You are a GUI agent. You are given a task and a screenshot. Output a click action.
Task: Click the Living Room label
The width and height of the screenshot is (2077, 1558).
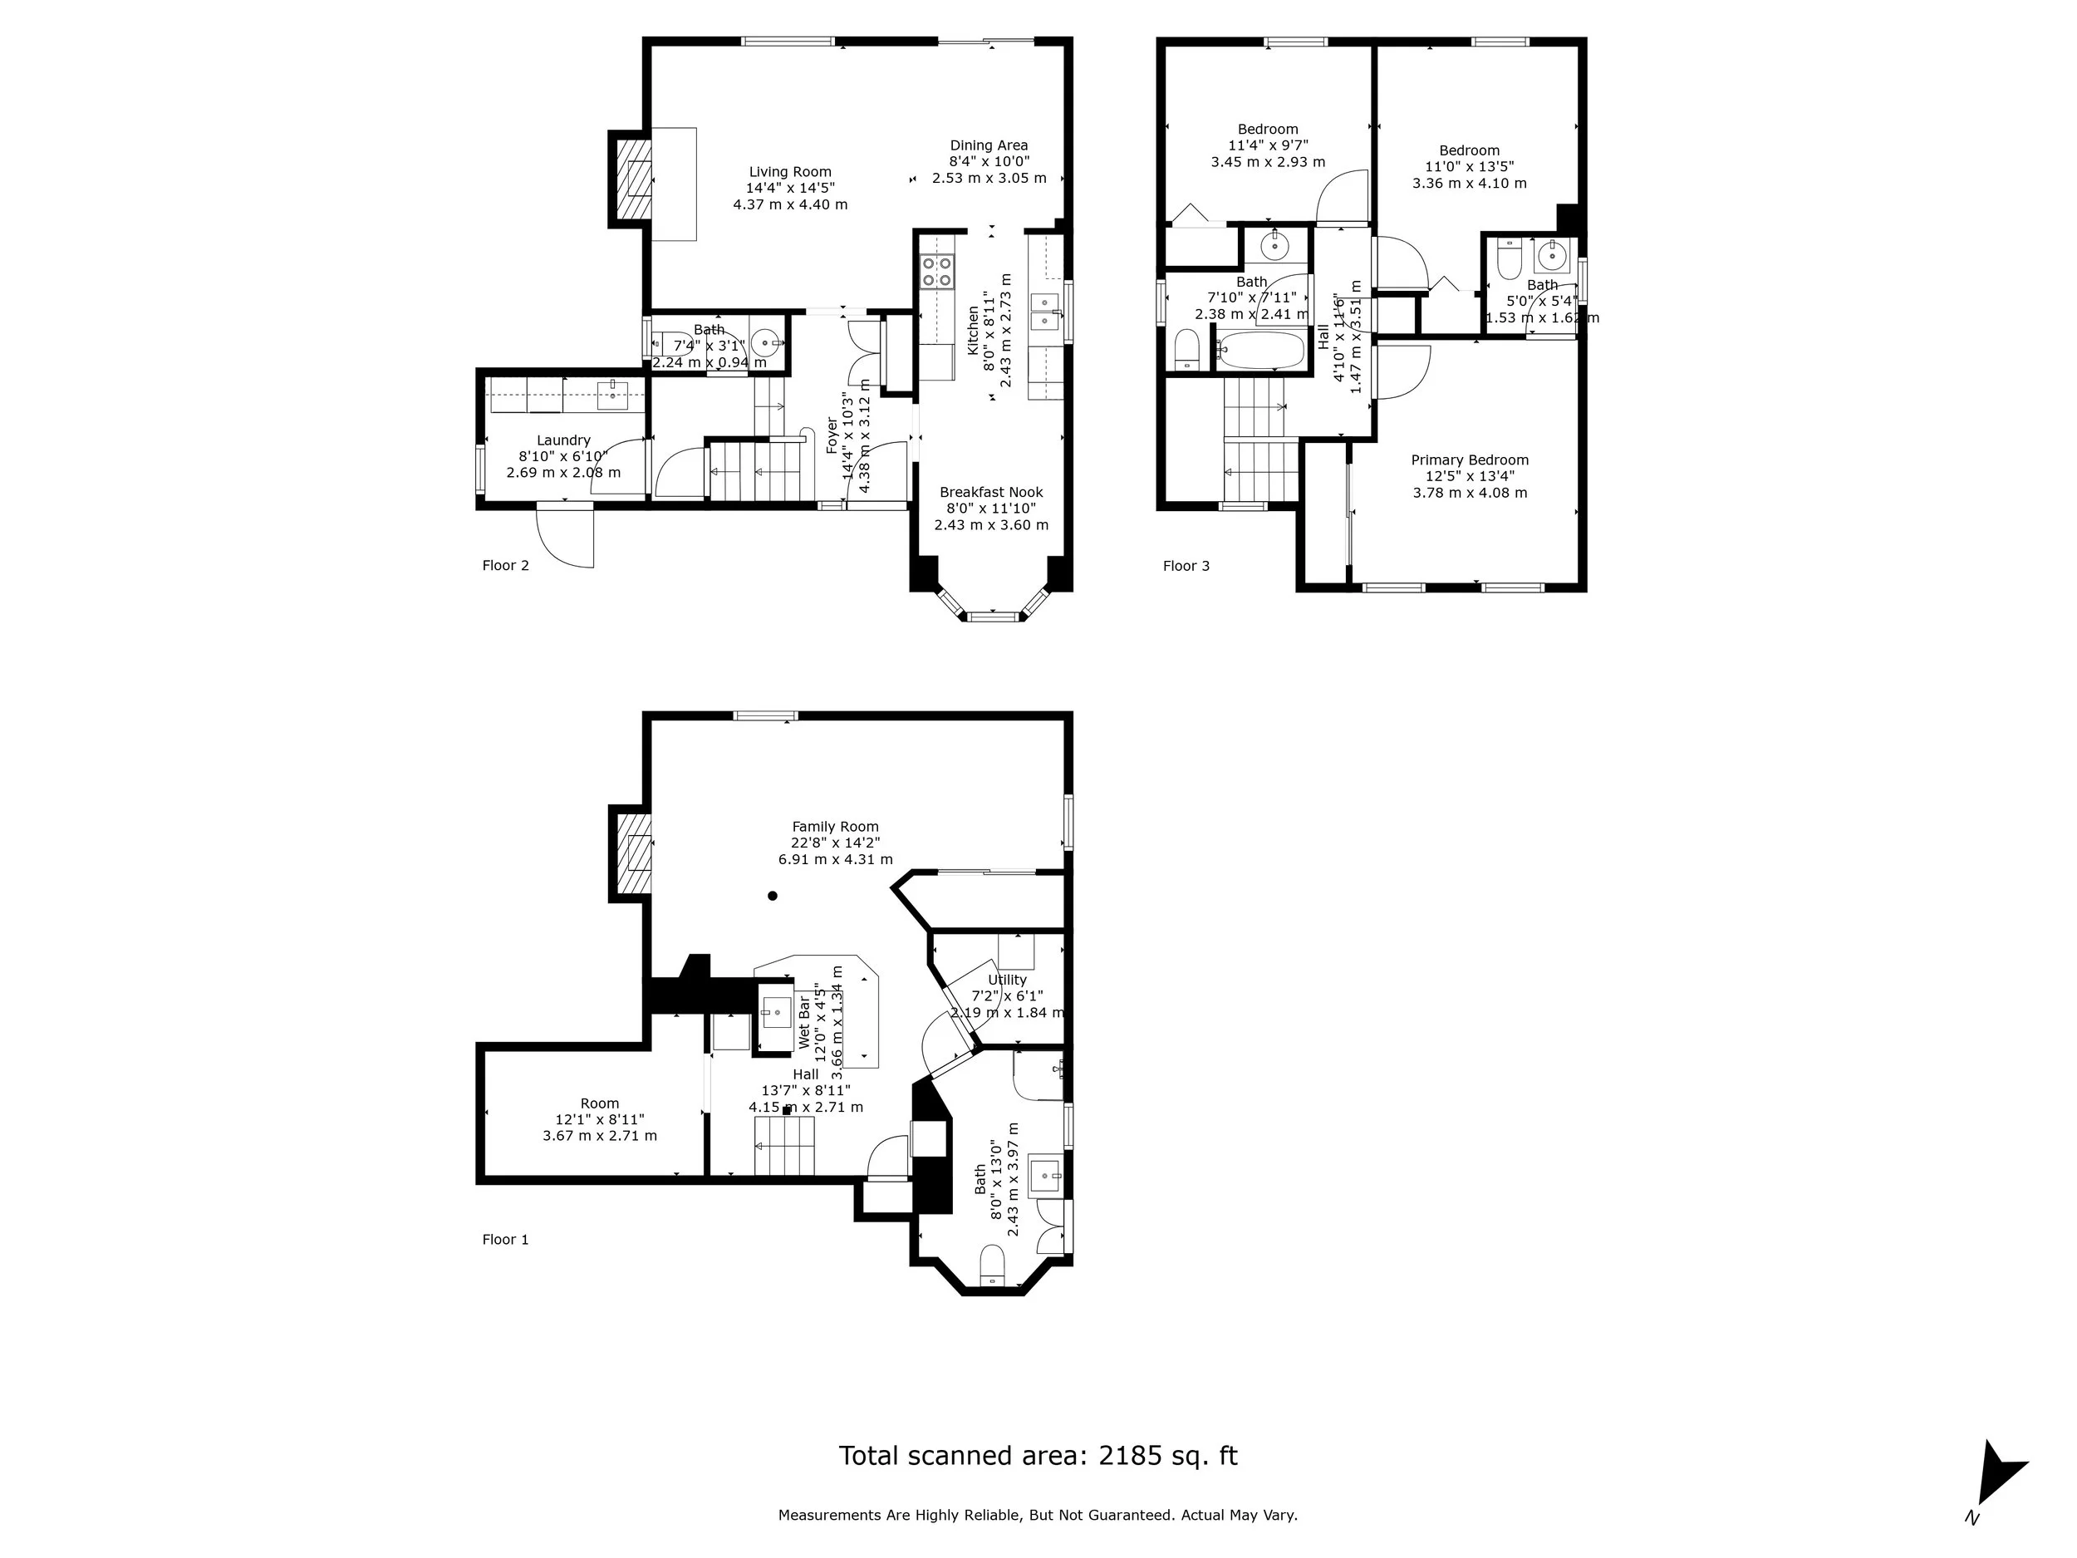(x=789, y=172)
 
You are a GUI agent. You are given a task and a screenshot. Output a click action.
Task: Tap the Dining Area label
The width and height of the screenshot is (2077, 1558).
(x=988, y=145)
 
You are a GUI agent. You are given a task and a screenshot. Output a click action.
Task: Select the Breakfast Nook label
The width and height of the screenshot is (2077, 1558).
(x=990, y=492)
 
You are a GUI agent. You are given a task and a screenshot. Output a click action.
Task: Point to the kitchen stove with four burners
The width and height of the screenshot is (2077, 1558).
(x=936, y=273)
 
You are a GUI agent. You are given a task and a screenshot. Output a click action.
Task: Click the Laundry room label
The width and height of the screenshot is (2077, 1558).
(x=563, y=440)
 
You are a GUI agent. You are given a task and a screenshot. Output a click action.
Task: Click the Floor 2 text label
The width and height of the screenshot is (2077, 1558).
(x=505, y=565)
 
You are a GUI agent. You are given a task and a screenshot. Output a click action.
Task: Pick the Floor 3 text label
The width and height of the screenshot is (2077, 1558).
(x=1186, y=565)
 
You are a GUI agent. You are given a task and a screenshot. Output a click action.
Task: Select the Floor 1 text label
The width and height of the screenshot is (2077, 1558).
(x=505, y=1240)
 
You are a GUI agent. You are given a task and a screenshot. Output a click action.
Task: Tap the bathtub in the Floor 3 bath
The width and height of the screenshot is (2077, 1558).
(x=1261, y=351)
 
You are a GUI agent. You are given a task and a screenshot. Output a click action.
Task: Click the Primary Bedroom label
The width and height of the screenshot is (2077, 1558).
(x=1470, y=460)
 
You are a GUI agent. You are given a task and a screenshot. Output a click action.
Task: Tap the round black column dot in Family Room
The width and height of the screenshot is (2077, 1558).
(x=773, y=896)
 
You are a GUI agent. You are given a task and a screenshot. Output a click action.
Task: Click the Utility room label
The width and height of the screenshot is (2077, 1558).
(x=1007, y=980)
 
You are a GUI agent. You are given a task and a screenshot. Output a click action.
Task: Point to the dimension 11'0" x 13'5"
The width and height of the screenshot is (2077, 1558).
(x=1469, y=166)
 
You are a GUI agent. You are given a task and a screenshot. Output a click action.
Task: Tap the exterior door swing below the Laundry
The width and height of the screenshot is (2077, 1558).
(x=567, y=537)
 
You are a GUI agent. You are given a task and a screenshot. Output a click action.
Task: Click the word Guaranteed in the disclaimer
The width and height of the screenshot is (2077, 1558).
(x=1130, y=1515)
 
